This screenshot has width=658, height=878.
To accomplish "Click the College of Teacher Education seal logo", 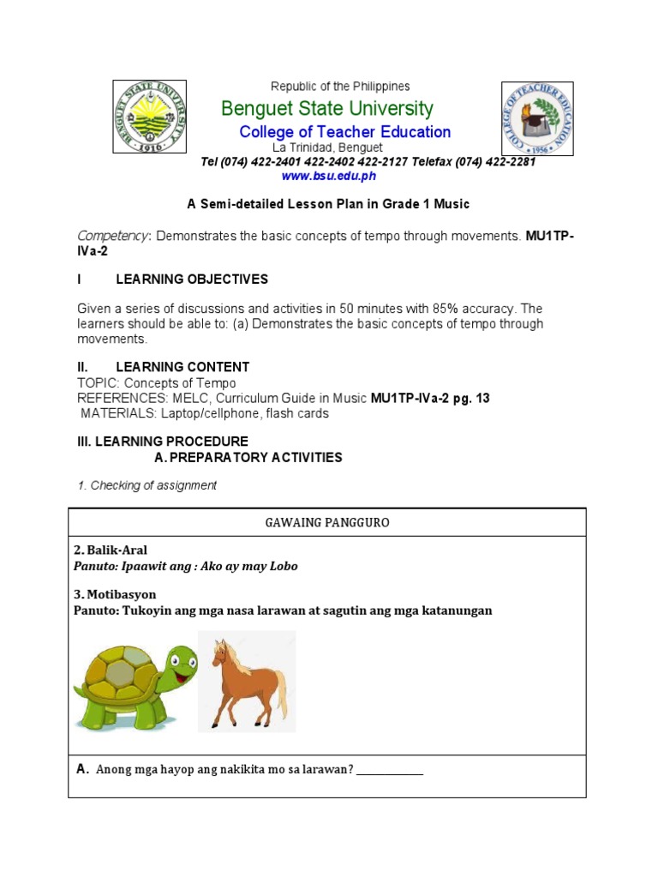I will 536,118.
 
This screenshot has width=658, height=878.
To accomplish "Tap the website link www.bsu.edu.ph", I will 328,176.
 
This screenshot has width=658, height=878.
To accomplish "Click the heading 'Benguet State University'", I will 326,109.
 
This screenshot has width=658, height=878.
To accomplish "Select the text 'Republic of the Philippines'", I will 340,87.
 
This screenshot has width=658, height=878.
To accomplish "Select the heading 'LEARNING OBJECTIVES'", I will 192,280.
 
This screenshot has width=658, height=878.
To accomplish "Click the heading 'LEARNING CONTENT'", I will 182,367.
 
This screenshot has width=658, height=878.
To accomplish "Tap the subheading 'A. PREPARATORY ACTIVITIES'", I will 248,458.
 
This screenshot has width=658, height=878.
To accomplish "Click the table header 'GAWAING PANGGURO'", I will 327,522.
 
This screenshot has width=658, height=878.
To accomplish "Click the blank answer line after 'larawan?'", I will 390,771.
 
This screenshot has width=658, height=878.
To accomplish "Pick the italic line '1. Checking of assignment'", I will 147,485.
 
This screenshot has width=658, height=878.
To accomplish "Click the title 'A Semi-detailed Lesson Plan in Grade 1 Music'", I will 328,204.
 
